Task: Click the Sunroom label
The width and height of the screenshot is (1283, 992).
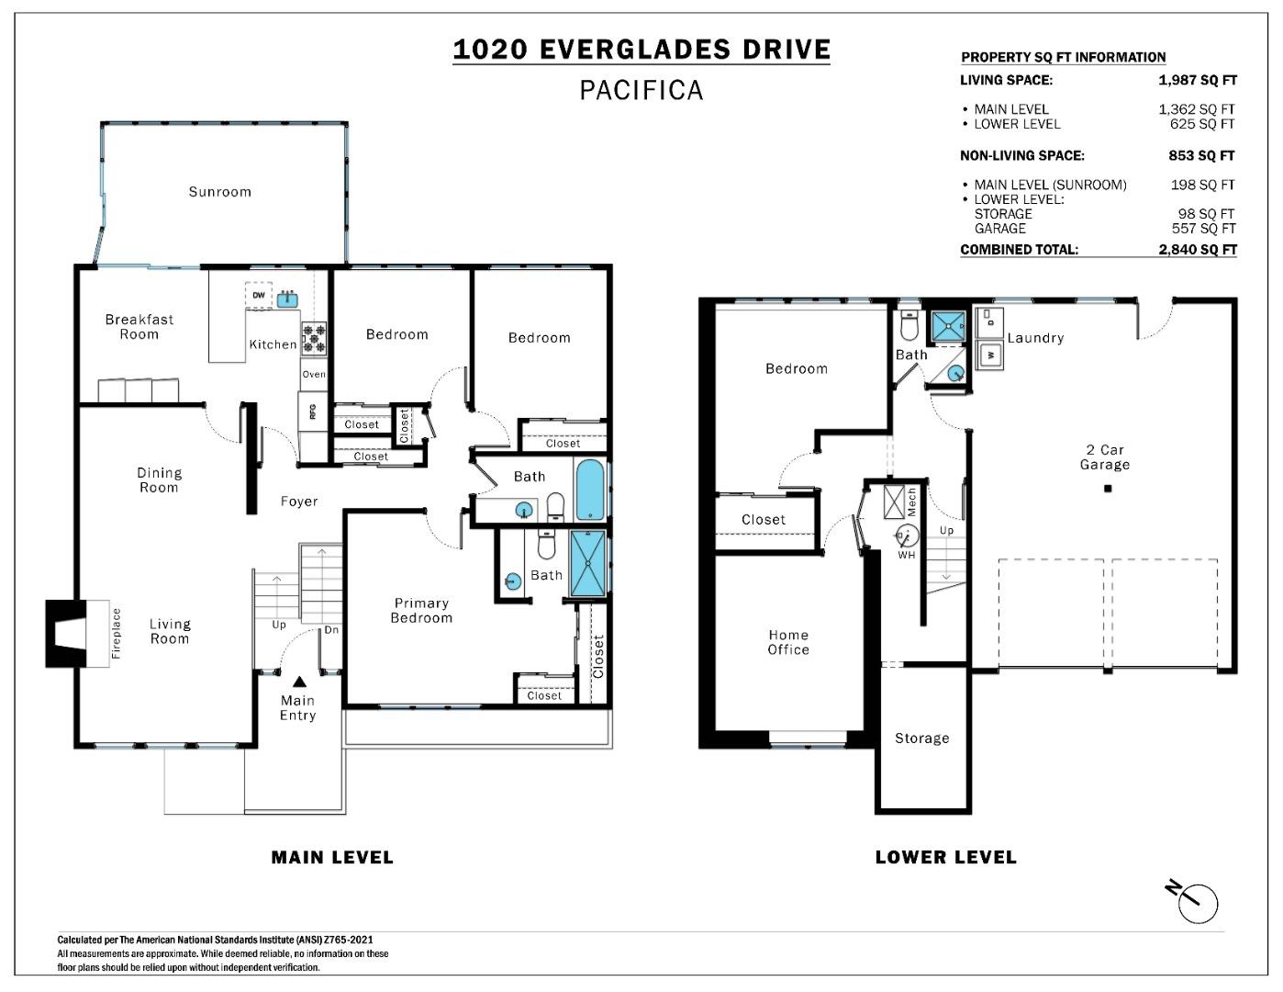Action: click(219, 192)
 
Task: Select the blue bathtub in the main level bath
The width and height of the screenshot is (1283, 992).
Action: click(589, 490)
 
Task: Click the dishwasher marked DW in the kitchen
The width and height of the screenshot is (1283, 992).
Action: click(259, 296)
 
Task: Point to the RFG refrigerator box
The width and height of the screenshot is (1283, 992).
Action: click(312, 411)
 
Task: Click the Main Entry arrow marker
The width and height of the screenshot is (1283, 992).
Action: click(299, 682)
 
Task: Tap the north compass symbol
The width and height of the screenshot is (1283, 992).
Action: click(1196, 902)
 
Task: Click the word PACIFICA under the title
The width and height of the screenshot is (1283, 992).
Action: click(641, 90)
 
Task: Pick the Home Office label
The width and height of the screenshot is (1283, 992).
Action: click(788, 642)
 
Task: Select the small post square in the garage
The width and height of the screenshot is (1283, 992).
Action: click(1108, 489)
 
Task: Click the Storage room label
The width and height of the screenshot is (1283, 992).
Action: click(921, 738)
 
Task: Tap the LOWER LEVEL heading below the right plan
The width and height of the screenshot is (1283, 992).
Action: click(945, 858)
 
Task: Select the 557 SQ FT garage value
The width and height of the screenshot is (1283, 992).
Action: click(1202, 229)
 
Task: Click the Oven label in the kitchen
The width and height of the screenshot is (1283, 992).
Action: click(314, 375)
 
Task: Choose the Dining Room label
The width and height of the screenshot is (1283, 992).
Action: click(159, 480)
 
